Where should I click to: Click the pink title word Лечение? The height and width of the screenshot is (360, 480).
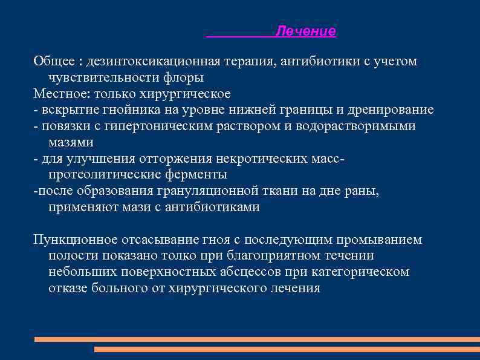305,31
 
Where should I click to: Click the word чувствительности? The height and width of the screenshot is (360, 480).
105,77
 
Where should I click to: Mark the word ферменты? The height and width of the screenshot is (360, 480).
194,175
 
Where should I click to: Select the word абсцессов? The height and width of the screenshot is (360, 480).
258,272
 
